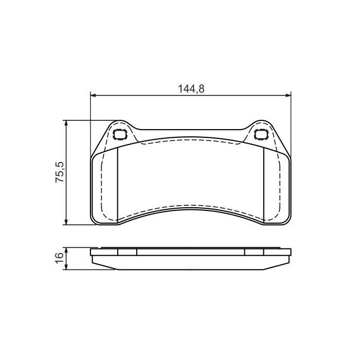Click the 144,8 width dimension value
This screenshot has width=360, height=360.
191,88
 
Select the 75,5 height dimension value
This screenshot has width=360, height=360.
60,172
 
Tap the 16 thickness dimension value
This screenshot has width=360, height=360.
60,259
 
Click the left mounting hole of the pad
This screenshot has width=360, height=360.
120,135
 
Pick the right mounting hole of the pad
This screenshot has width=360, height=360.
261,135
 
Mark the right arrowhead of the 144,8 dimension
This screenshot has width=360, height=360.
288,95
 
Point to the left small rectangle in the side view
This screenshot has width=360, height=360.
128,252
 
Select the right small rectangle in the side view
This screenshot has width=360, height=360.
254,252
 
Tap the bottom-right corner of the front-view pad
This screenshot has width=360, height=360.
289,222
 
